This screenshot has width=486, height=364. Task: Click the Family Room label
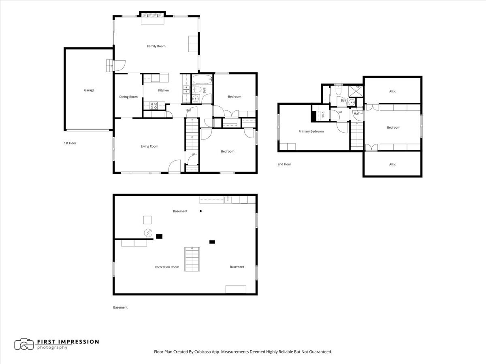tap(156, 46)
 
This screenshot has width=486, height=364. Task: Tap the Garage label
tap(89, 90)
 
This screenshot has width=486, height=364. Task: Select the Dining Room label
tap(128, 97)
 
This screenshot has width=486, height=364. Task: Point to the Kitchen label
tap(163, 90)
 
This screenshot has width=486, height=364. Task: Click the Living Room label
tap(149, 146)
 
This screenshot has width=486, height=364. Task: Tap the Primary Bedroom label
tap(311, 131)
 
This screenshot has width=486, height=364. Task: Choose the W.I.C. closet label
tap(323, 114)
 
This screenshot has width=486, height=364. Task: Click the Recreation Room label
tap(167, 267)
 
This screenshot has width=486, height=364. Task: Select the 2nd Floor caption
tap(284, 164)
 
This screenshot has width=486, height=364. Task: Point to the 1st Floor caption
tap(70, 143)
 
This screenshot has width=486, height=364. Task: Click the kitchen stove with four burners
tap(153, 106)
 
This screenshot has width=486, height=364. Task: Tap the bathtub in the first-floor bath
tap(202, 80)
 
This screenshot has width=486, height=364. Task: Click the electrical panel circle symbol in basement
tap(148, 233)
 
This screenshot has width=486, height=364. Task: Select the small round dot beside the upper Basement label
tap(200, 211)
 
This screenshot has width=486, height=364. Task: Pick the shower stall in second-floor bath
tap(356, 91)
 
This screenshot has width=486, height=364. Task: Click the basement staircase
tap(192, 259)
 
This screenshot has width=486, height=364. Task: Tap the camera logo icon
tap(24, 344)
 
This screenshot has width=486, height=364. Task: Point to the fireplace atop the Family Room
tap(153, 15)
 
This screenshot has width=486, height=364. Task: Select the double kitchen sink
tap(186, 90)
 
